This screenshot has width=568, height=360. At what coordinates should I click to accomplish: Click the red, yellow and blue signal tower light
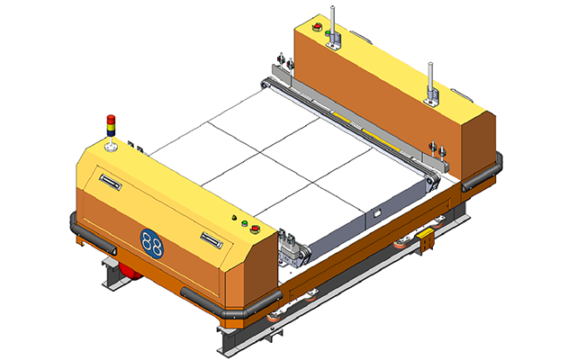point(111,126)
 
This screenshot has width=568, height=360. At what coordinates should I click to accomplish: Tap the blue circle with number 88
point(151,244)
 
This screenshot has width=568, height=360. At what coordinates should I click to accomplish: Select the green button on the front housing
point(245,223)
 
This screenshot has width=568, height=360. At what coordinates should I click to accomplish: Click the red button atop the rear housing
point(318,27)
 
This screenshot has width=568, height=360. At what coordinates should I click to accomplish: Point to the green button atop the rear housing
point(328,33)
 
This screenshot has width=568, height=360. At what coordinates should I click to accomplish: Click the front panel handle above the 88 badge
point(110,182)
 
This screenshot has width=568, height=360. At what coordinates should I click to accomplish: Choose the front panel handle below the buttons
point(212,240)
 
